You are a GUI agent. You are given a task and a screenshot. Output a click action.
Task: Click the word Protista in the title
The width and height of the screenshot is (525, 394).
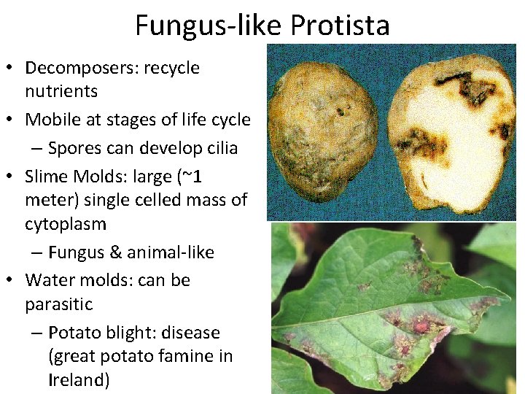(340, 26)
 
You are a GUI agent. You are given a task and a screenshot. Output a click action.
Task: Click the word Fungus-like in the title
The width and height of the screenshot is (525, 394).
(209, 26)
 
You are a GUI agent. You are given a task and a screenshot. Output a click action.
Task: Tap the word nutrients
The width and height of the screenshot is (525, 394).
(61, 91)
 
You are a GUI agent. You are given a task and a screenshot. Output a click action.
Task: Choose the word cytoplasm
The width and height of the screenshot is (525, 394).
(66, 223)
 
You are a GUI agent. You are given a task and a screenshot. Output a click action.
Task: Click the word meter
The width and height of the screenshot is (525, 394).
(49, 199)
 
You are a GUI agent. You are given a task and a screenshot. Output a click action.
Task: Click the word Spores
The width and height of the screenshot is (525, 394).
(76, 147)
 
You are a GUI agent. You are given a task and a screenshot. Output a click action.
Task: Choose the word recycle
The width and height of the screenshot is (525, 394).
(171, 68)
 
